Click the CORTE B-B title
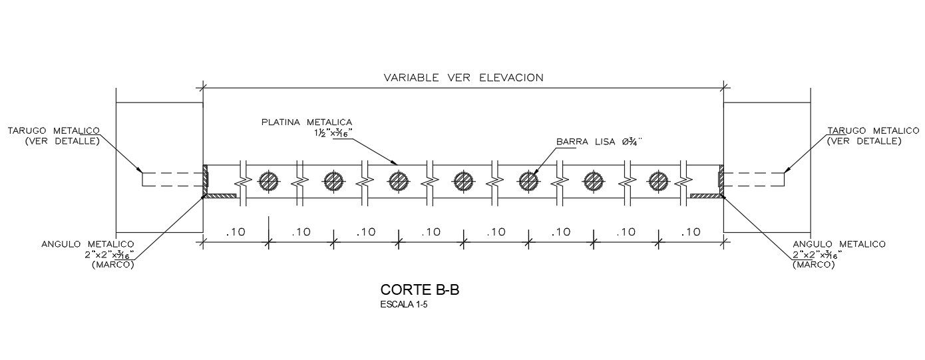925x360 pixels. click(x=420, y=290)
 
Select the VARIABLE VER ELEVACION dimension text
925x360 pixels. click(x=463, y=77)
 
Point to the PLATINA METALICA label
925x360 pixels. click(x=306, y=122)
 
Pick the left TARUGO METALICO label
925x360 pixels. click(x=54, y=130)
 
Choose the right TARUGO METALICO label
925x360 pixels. click(x=864, y=130)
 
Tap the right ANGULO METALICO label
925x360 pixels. click(x=838, y=244)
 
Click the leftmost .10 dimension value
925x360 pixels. click(x=236, y=232)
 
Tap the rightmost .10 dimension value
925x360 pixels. click(x=691, y=232)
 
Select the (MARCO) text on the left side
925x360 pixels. click(x=112, y=265)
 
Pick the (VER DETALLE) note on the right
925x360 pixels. click(x=864, y=141)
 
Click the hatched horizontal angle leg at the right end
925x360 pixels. click(x=706, y=196)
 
